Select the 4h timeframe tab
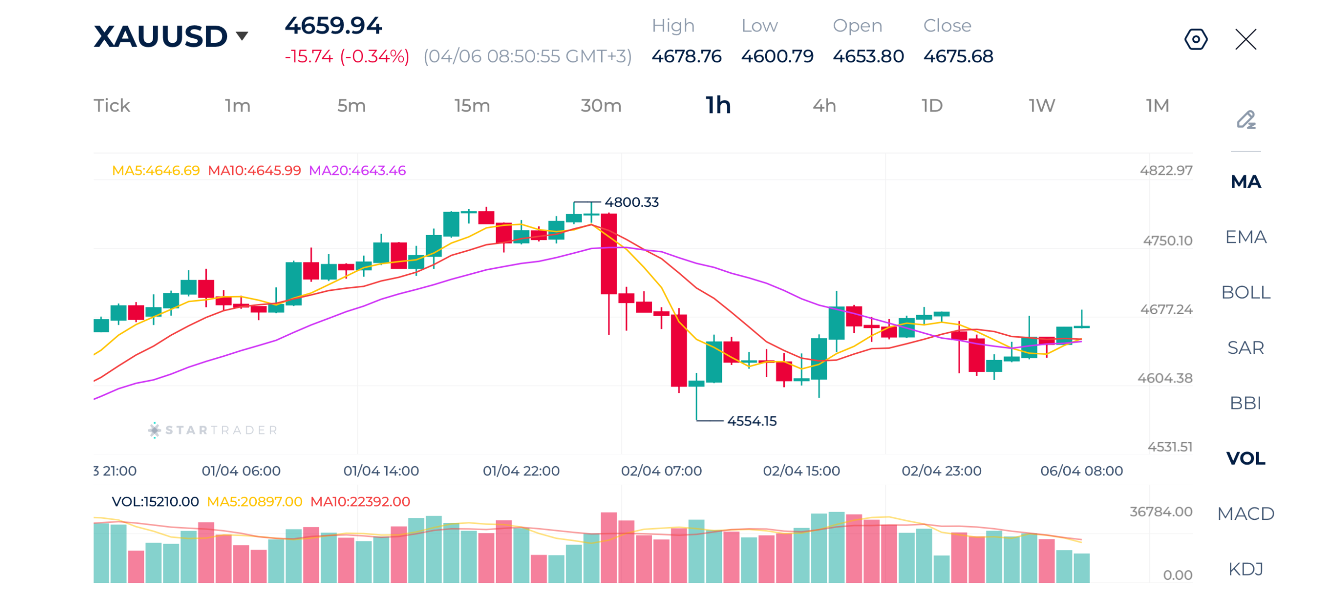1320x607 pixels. (824, 106)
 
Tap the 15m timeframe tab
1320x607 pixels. (471, 106)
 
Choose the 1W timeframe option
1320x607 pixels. (1042, 106)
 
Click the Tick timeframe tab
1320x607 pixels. (111, 106)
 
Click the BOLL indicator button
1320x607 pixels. (1245, 292)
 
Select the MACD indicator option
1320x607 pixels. (1245, 514)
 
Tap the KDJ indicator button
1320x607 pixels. (1245, 569)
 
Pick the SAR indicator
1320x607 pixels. (1245, 348)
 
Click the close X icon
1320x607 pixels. (1245, 39)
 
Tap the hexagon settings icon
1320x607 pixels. (1195, 39)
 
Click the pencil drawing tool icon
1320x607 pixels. (1245, 120)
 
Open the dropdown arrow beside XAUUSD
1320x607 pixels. (242, 36)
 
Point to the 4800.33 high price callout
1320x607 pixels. (631, 202)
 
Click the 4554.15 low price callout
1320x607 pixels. (751, 421)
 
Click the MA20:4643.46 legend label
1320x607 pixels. (357, 170)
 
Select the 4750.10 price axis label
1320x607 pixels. (1167, 241)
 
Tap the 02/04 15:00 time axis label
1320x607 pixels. (801, 471)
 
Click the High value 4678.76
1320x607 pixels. (686, 56)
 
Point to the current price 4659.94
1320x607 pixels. (333, 26)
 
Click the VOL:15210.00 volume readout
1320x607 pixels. (155, 502)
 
